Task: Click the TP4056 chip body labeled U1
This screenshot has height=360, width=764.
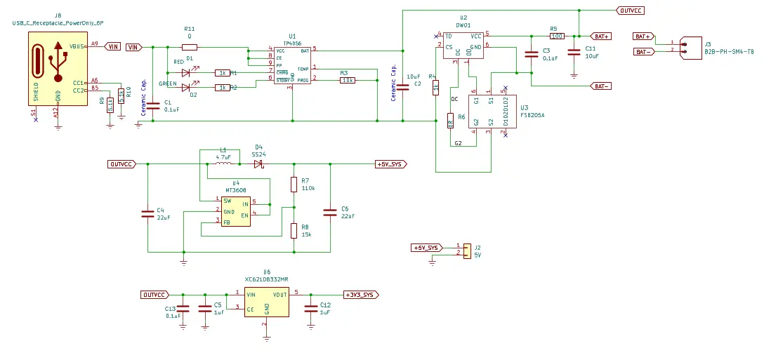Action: point(292,65)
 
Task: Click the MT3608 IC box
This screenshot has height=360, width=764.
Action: point(236,211)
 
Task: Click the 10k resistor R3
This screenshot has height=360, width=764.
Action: point(347,80)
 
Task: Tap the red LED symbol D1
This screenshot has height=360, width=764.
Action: point(186,72)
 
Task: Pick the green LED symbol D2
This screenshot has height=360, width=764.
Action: point(186,87)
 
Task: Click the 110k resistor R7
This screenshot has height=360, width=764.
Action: point(294,185)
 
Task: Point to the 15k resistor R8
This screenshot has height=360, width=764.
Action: point(294,231)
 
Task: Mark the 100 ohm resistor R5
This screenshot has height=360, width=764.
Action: point(557,35)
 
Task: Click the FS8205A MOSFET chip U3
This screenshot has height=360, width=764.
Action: point(491,111)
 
